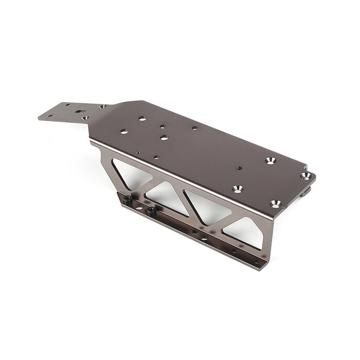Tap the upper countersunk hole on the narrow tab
[x=102, y=106]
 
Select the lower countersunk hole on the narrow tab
[x=85, y=118]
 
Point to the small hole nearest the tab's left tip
[x=50, y=116]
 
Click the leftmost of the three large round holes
[x=124, y=131]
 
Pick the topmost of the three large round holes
[x=142, y=118]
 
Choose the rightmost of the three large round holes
[x=164, y=137]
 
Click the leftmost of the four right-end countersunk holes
[x=237, y=189]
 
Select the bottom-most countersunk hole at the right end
[x=276, y=204]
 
